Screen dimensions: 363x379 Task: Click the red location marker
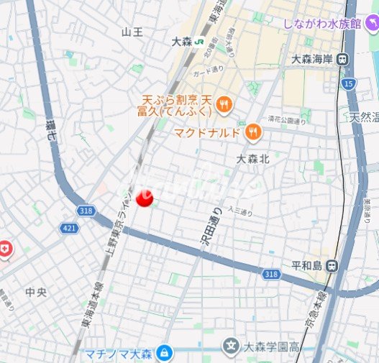pyautogui.click(x=145, y=198)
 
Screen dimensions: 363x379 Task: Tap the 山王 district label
pyautogui.click(x=132, y=32)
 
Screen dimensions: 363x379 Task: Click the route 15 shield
pyautogui.click(x=349, y=84)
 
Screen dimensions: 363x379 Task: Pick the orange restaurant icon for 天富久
pyautogui.click(x=224, y=105)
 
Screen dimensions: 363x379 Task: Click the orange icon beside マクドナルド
pyautogui.click(x=252, y=132)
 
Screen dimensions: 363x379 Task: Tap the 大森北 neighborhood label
pyautogui.click(x=252, y=159)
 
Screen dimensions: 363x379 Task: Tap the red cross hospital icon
pyautogui.click(x=5, y=248)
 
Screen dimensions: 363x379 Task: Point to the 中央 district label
pyautogui.click(x=35, y=292)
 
